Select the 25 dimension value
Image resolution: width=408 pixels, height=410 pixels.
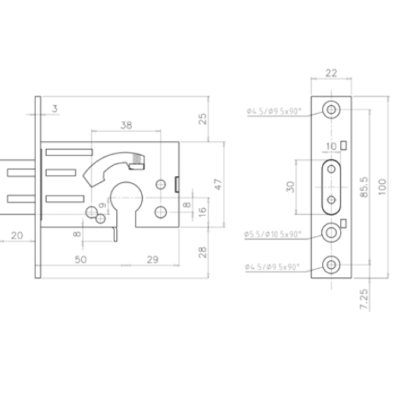click(203, 118)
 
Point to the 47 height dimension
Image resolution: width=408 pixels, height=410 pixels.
click(219, 184)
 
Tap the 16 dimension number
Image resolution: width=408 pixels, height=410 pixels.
click(203, 210)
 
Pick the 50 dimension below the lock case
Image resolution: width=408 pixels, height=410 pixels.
click(80, 259)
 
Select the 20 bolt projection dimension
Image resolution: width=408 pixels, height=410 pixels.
click(16, 233)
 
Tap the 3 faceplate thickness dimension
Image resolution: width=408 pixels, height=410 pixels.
click(55, 108)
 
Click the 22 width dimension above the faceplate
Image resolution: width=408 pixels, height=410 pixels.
click(332, 74)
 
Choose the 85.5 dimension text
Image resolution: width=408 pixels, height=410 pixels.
click(364, 186)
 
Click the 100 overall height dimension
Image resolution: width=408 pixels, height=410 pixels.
click(382, 186)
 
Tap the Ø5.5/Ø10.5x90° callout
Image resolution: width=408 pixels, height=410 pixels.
click(275, 233)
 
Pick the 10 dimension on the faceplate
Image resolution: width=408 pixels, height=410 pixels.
click(332, 145)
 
